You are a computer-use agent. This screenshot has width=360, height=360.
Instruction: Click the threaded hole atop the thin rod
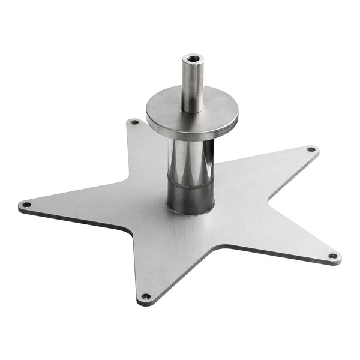point(193,59)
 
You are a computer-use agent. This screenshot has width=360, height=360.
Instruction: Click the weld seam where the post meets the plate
point(191,212)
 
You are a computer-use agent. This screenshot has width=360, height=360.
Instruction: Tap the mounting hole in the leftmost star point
point(26,205)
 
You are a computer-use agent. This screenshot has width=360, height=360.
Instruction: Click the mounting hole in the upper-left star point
point(134,122)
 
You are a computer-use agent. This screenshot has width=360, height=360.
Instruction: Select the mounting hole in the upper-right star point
point(311,149)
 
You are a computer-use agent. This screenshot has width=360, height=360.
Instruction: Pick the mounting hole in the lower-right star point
point(334,256)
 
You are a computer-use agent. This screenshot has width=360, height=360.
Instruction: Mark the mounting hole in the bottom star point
point(145,296)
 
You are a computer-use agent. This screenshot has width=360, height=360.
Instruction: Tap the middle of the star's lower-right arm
point(282,237)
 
